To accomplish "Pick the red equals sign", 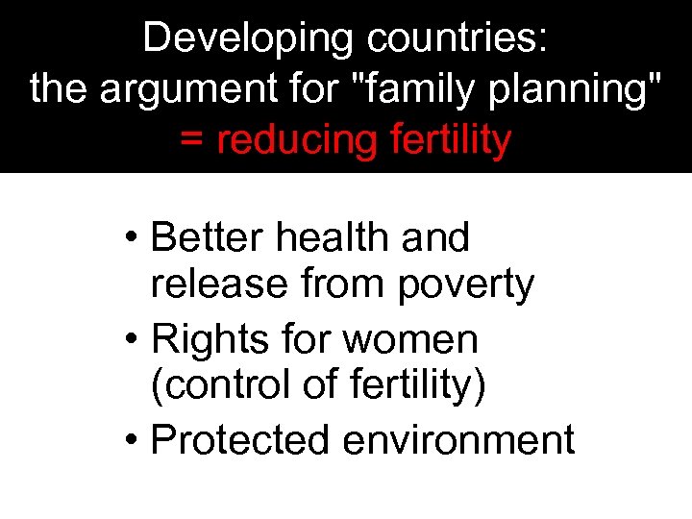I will click(192, 140).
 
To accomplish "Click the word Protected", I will click(240, 439).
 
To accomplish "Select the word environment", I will click(457, 439).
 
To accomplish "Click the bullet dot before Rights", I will click(133, 338).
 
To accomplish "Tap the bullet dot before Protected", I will click(133, 440).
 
